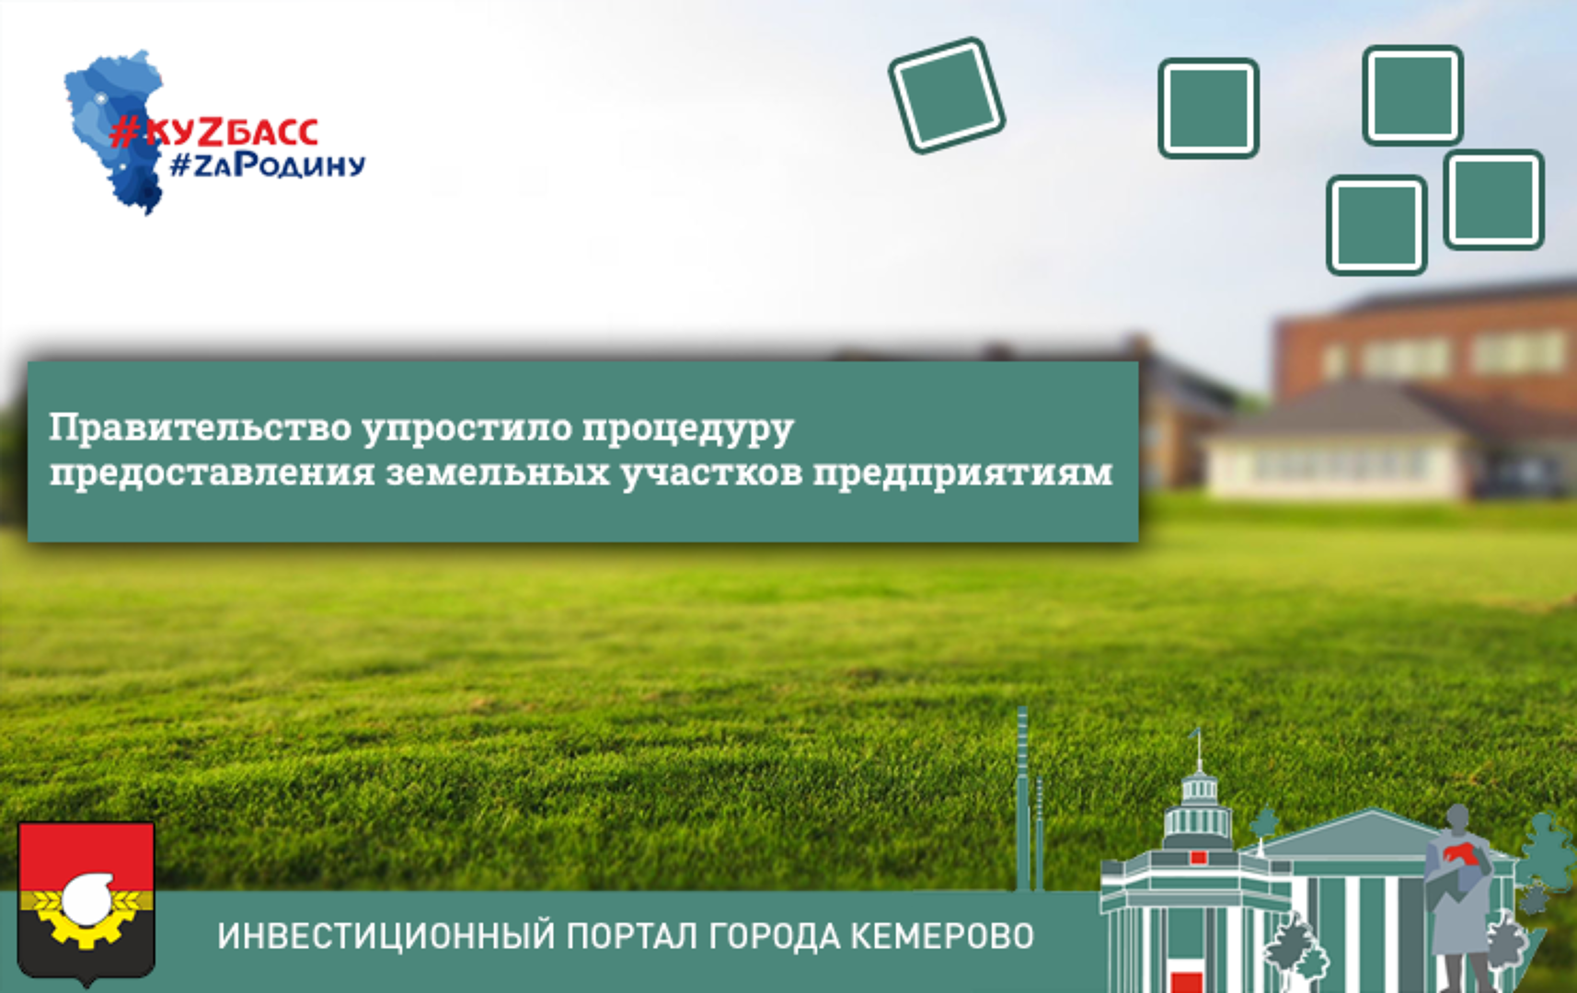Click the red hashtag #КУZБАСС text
[214, 131]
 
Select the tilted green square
[947, 95]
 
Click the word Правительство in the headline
[200, 428]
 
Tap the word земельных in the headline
[498, 473]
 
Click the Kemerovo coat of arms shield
[86, 903]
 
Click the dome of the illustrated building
[1198, 809]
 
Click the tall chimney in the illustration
[1022, 799]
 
